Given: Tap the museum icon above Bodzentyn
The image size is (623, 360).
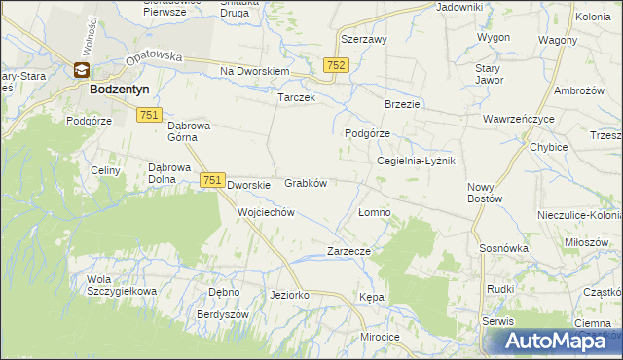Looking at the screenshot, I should point(82,70).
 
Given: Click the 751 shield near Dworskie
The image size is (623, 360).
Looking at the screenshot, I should point(213,180).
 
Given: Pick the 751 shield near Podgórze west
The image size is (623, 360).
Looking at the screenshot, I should point(149,115).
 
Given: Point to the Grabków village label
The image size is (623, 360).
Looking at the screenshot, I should point(305,182).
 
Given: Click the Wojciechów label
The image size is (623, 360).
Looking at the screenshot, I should point(266,211).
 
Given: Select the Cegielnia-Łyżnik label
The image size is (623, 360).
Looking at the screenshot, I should point(416,161).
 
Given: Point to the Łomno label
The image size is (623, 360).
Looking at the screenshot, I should point(374,211).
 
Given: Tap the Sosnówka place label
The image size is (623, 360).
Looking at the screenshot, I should point(503,248).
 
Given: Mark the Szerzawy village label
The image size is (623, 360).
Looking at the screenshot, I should point(364,40).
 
